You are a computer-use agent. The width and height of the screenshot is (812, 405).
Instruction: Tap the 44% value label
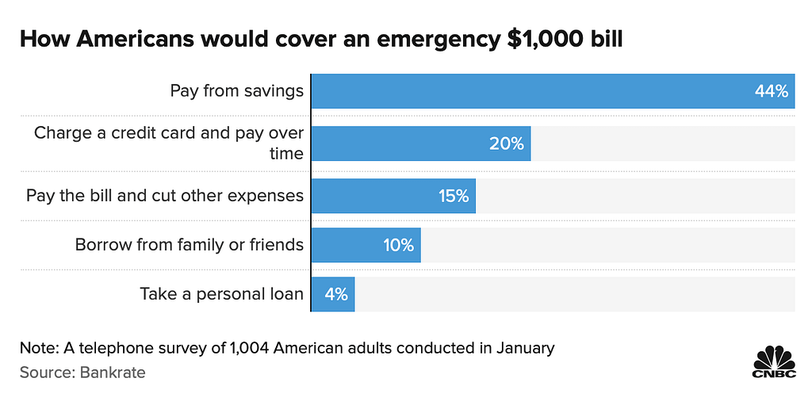pyautogui.click(x=772, y=92)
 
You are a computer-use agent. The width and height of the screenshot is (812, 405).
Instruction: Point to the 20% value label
pyautogui.click(x=506, y=144)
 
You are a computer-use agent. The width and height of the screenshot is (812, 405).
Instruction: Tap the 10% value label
pyautogui.click(x=399, y=246)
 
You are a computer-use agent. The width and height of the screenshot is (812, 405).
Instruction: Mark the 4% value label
pyautogui.click(x=336, y=295)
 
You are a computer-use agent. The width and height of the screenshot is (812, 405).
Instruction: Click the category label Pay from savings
pyautogui.click(x=236, y=91)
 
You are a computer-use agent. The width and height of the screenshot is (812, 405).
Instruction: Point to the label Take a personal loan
pyautogui.click(x=221, y=294)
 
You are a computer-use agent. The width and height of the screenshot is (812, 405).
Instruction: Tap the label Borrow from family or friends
pyautogui.click(x=189, y=245)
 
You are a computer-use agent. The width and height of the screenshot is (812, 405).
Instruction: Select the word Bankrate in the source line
pyautogui.click(x=113, y=373)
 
